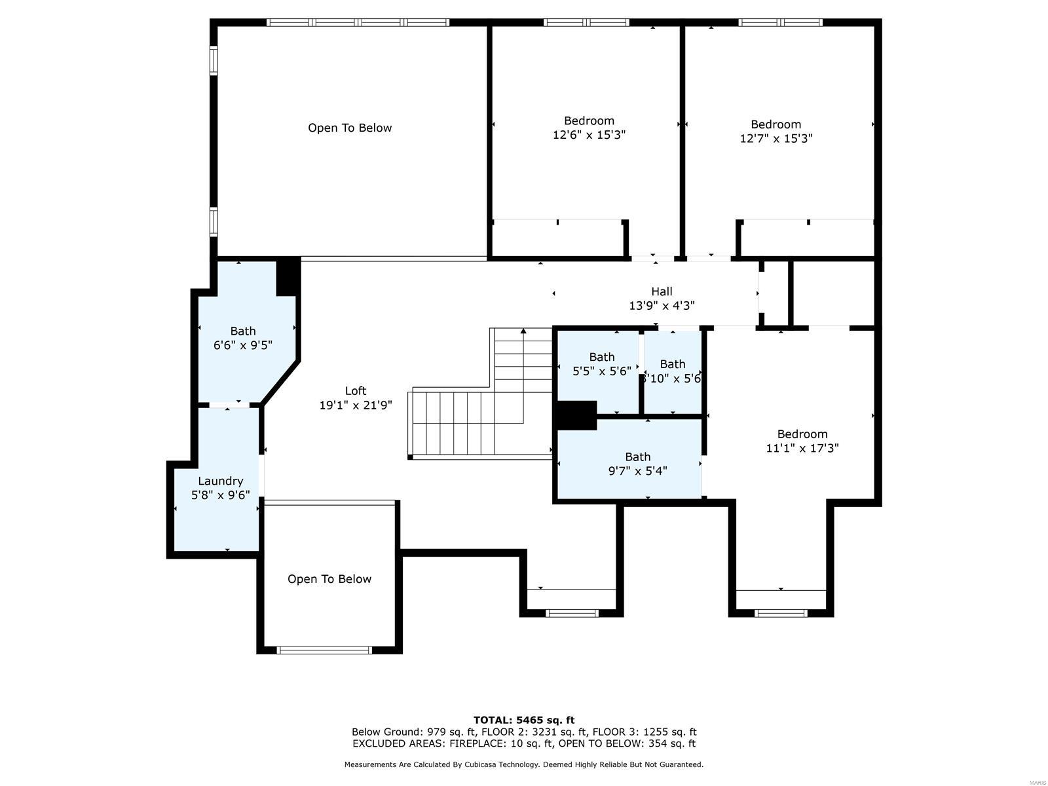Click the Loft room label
click(x=356, y=391)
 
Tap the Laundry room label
click(x=221, y=481)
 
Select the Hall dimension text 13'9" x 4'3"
click(x=662, y=305)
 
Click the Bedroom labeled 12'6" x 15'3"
click(x=589, y=128)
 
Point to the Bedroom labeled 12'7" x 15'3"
click(x=776, y=131)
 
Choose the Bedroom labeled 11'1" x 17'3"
click(x=802, y=441)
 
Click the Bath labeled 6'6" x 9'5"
click(x=243, y=338)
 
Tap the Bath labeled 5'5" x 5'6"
click(x=601, y=364)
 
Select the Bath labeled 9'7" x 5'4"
click(x=637, y=464)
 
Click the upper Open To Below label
click(x=350, y=128)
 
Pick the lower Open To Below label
click(x=329, y=579)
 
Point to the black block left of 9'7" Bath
click(x=576, y=415)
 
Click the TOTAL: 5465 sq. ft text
click(x=524, y=720)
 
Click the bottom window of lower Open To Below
click(x=324, y=650)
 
